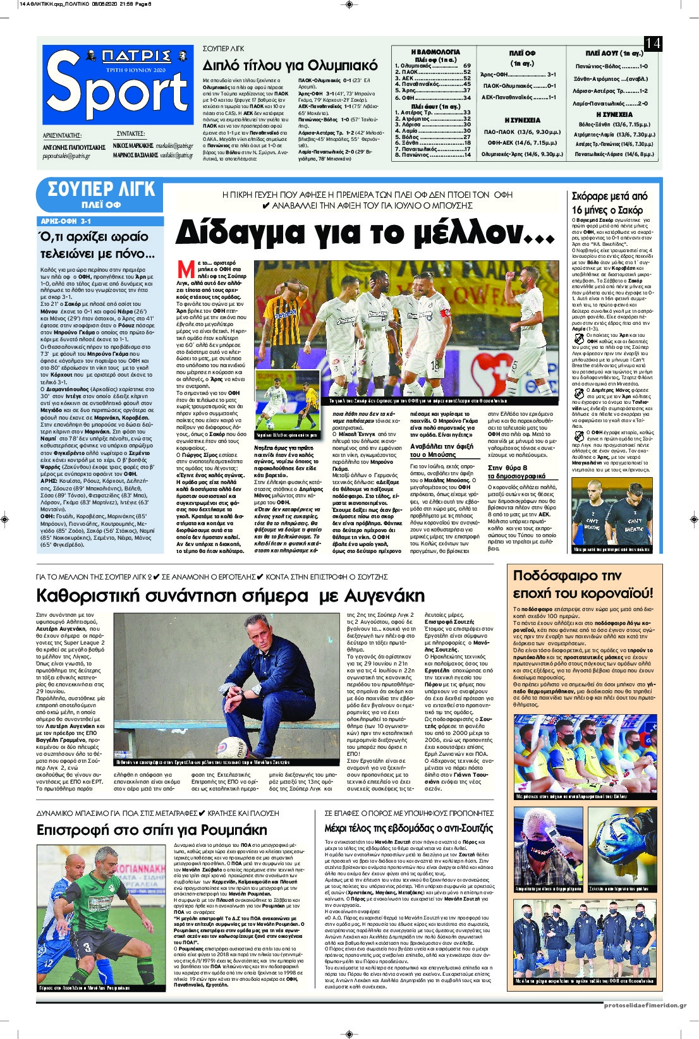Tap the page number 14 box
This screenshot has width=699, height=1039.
click(652, 43)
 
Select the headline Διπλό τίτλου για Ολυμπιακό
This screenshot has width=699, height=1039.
click(290, 66)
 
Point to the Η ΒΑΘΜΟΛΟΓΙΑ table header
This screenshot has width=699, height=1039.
click(435, 52)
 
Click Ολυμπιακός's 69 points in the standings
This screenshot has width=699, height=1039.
click(466, 66)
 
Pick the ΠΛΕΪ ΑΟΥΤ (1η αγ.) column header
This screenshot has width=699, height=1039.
click(614, 53)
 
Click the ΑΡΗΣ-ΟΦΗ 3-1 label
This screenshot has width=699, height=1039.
click(66, 221)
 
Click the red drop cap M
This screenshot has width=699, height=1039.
click(186, 270)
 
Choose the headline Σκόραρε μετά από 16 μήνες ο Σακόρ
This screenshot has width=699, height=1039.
click(609, 203)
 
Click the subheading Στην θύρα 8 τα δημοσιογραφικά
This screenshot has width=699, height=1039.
click(516, 471)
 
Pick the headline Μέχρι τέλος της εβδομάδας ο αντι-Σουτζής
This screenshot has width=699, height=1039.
click(408, 828)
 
